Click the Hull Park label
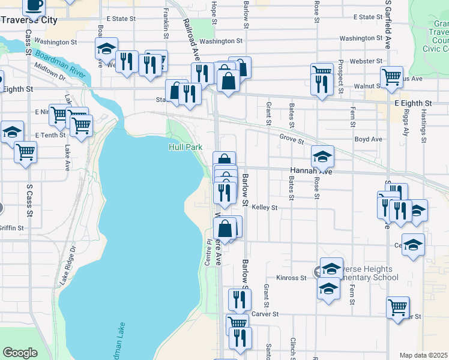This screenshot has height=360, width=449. point(185,147)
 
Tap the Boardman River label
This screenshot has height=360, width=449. point(60,62)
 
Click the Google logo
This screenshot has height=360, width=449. point(20,353)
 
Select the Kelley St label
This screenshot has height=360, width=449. point(264,208)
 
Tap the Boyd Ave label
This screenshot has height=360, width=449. point(369,139)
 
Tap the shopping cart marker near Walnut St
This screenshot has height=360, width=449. point(391,76)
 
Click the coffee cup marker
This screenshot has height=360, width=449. point(34,5)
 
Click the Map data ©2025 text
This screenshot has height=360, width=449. point(424,355)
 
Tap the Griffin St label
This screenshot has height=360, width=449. point(12,228)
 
